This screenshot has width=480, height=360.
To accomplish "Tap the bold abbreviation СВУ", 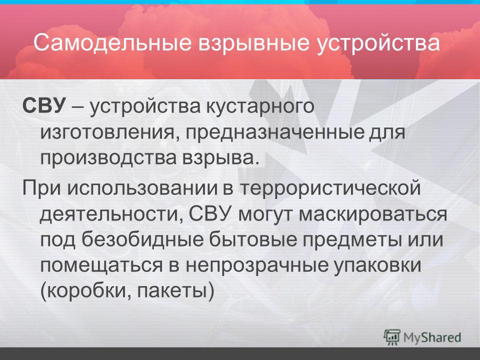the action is point(44,106).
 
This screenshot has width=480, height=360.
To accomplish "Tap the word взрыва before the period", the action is point(218,159).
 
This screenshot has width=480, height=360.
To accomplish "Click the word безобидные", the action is point(142,239).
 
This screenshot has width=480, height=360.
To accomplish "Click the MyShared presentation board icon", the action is point(392,337).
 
